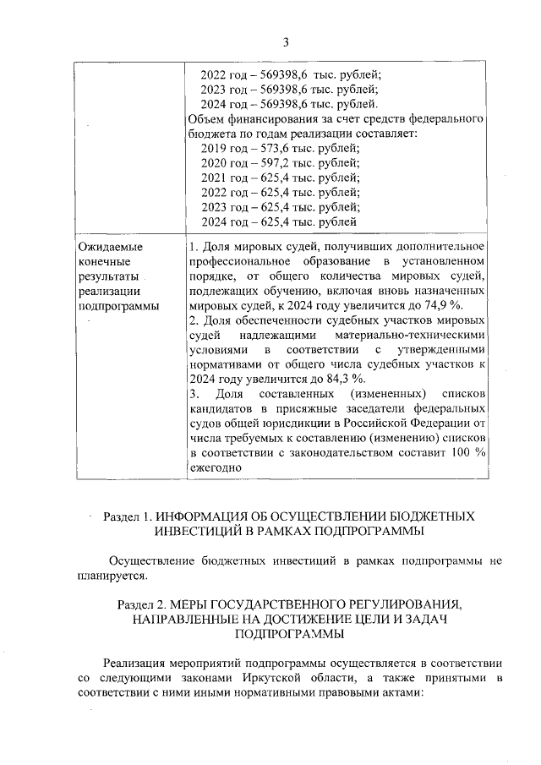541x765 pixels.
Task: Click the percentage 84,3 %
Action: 346,377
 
